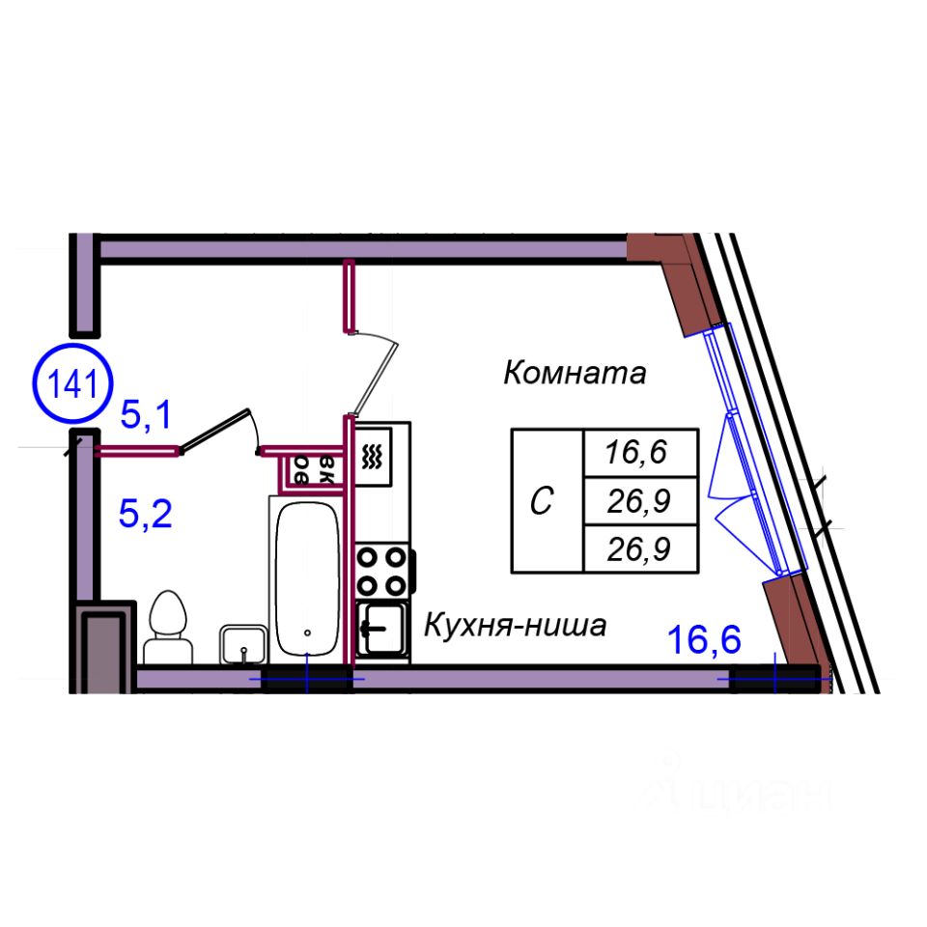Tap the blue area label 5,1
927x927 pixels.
145,416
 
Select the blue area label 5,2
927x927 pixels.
145,514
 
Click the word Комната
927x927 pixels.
574,373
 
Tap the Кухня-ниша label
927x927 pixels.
516,627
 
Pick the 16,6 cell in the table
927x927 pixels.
638,451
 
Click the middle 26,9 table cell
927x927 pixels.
638,500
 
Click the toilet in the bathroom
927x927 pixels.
167,626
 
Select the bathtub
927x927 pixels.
307,579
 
